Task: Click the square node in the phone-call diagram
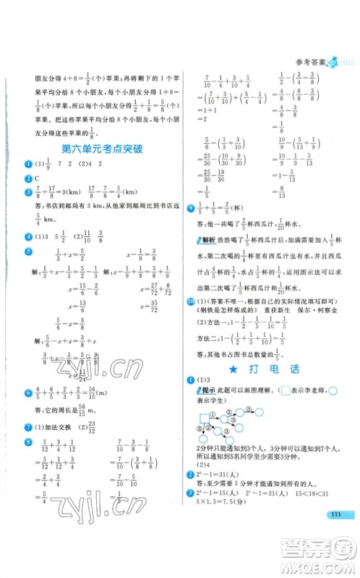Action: pyautogui.click(x=204, y=418)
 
